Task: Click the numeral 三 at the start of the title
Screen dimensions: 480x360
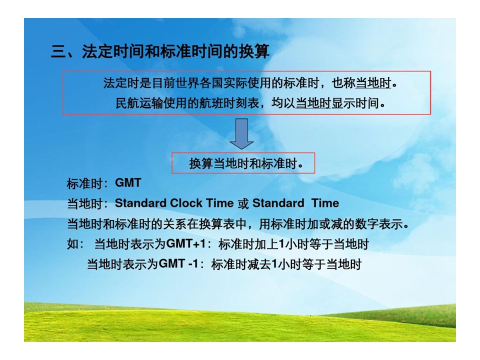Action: tap(58, 51)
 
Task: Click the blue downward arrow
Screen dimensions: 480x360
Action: tap(241, 134)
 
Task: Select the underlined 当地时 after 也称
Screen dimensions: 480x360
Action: tap(373, 83)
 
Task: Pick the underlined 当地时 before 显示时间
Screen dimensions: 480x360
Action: tap(313, 103)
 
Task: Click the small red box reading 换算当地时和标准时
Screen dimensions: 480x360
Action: tap(243, 163)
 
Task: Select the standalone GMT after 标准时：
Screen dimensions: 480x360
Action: tap(128, 183)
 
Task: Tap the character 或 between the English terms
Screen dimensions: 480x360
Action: tap(243, 203)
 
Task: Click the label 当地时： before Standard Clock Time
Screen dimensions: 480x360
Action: tap(87, 204)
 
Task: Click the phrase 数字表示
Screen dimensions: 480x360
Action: tap(379, 224)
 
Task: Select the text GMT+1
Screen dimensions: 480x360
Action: tap(186, 244)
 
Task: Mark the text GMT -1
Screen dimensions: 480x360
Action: tap(179, 263)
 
